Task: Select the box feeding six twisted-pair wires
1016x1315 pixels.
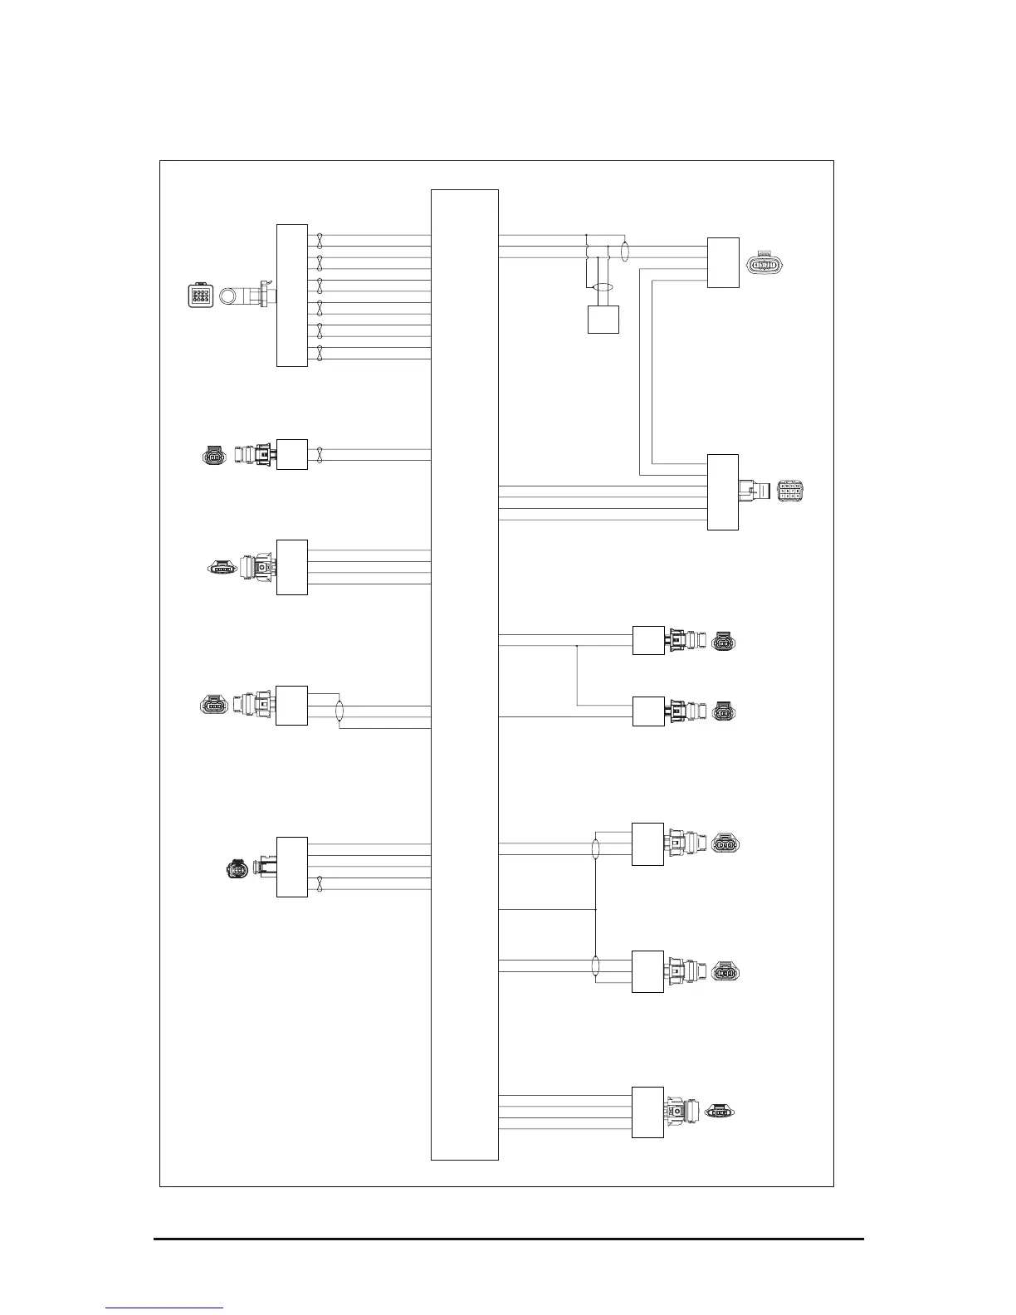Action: click(291, 295)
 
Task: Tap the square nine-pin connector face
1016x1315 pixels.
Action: click(201, 296)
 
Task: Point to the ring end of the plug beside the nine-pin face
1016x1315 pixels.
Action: click(229, 296)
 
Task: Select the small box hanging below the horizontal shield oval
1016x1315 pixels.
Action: click(603, 320)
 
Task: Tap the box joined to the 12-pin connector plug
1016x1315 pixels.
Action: click(722, 491)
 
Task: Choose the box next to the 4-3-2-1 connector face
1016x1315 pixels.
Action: click(722, 262)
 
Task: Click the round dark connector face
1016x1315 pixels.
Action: click(237, 869)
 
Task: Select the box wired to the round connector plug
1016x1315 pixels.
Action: click(291, 867)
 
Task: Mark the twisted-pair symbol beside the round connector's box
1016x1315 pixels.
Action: click(320, 884)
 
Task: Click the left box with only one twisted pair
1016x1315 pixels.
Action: click(291, 454)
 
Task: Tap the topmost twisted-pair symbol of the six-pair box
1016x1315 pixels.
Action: click(320, 241)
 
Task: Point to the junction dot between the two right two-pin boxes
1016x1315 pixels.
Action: click(577, 644)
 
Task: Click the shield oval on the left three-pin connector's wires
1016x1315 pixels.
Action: click(339, 712)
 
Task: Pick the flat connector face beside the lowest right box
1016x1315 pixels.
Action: click(720, 1112)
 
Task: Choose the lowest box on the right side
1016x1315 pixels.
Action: click(647, 1112)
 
